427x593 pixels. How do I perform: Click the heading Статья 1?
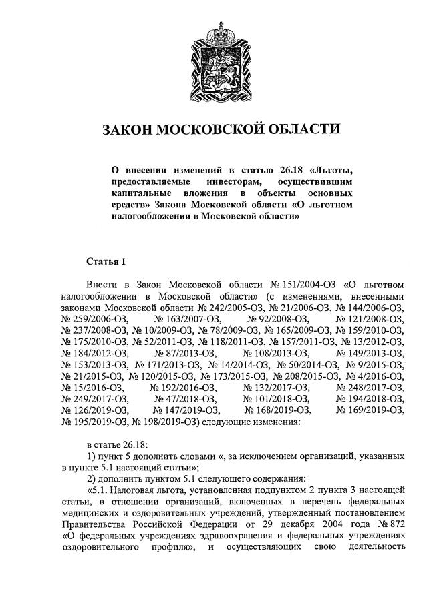click(x=106, y=260)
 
